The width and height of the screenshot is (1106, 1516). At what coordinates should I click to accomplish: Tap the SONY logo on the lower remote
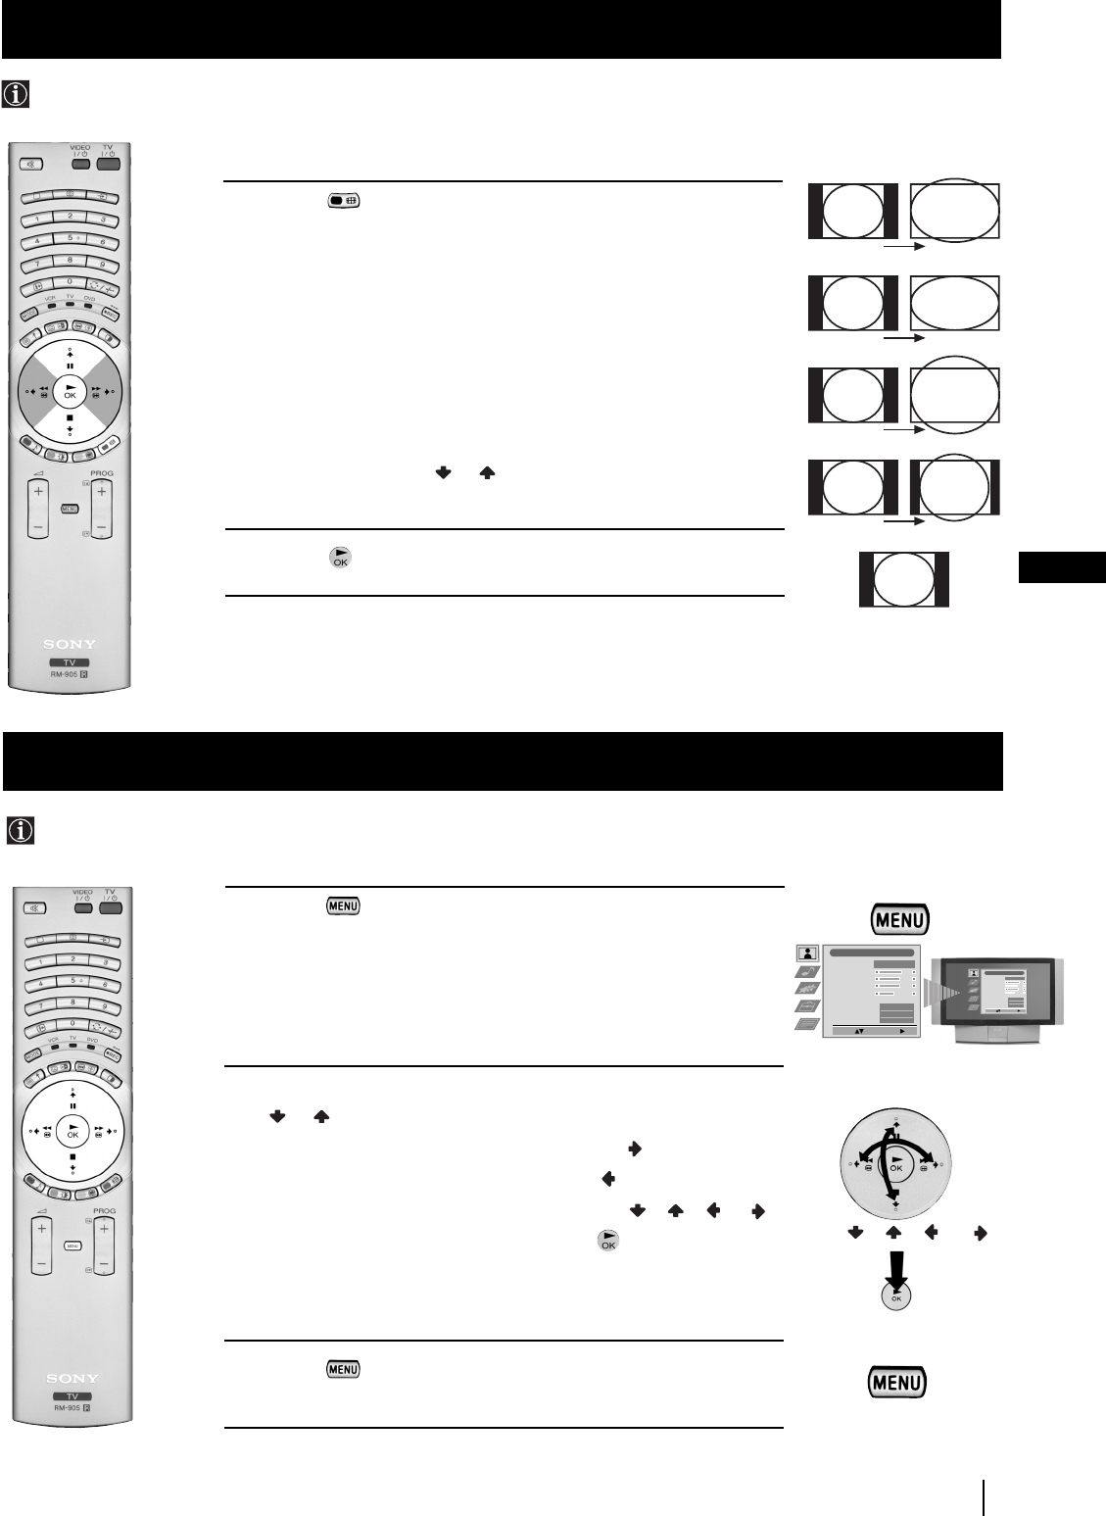(71, 1378)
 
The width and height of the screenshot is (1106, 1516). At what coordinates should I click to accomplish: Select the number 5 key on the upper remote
(71, 237)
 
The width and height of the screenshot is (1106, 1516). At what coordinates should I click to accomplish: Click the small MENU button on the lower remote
(71, 1247)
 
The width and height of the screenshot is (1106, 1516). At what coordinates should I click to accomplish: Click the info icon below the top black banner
(18, 94)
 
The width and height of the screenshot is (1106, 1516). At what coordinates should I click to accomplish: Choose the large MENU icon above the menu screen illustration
(897, 920)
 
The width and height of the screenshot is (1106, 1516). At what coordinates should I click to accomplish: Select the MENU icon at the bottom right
(897, 1382)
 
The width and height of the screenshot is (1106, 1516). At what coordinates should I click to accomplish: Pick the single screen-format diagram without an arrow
(903, 579)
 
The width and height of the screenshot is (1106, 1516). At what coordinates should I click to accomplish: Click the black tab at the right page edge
(1062, 567)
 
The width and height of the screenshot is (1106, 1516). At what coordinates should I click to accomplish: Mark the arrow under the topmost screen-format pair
(903, 248)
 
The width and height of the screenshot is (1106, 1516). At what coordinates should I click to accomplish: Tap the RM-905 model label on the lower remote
(71, 1408)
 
